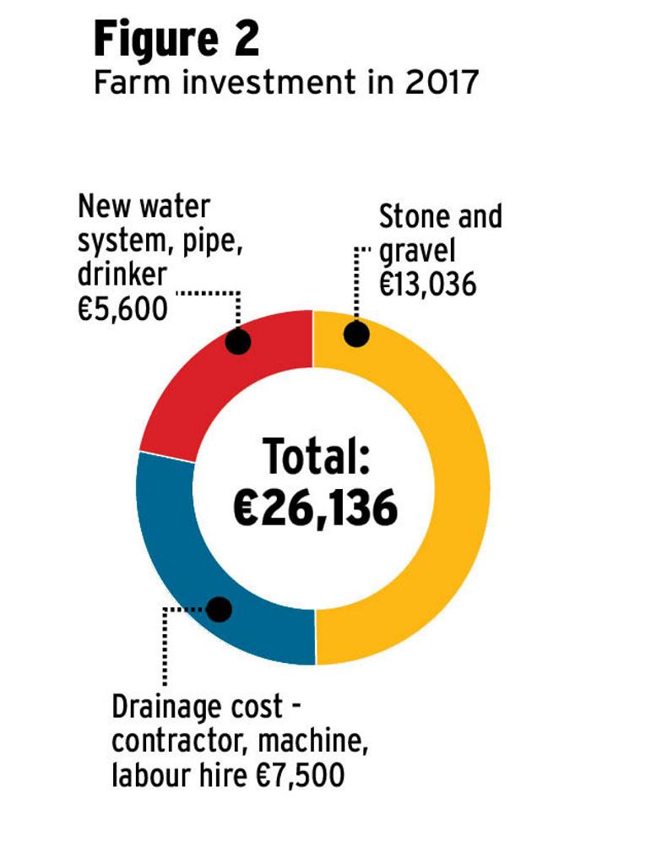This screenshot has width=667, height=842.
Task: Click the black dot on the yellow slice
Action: pos(356,334)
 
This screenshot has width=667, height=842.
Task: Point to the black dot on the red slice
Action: pos(239,340)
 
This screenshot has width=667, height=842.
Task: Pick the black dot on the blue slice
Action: pos(220,608)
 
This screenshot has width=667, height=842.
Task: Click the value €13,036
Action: pos(428,285)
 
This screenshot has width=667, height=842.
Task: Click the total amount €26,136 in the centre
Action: pos(315,509)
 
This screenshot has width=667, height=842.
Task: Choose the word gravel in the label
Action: pos(418,251)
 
